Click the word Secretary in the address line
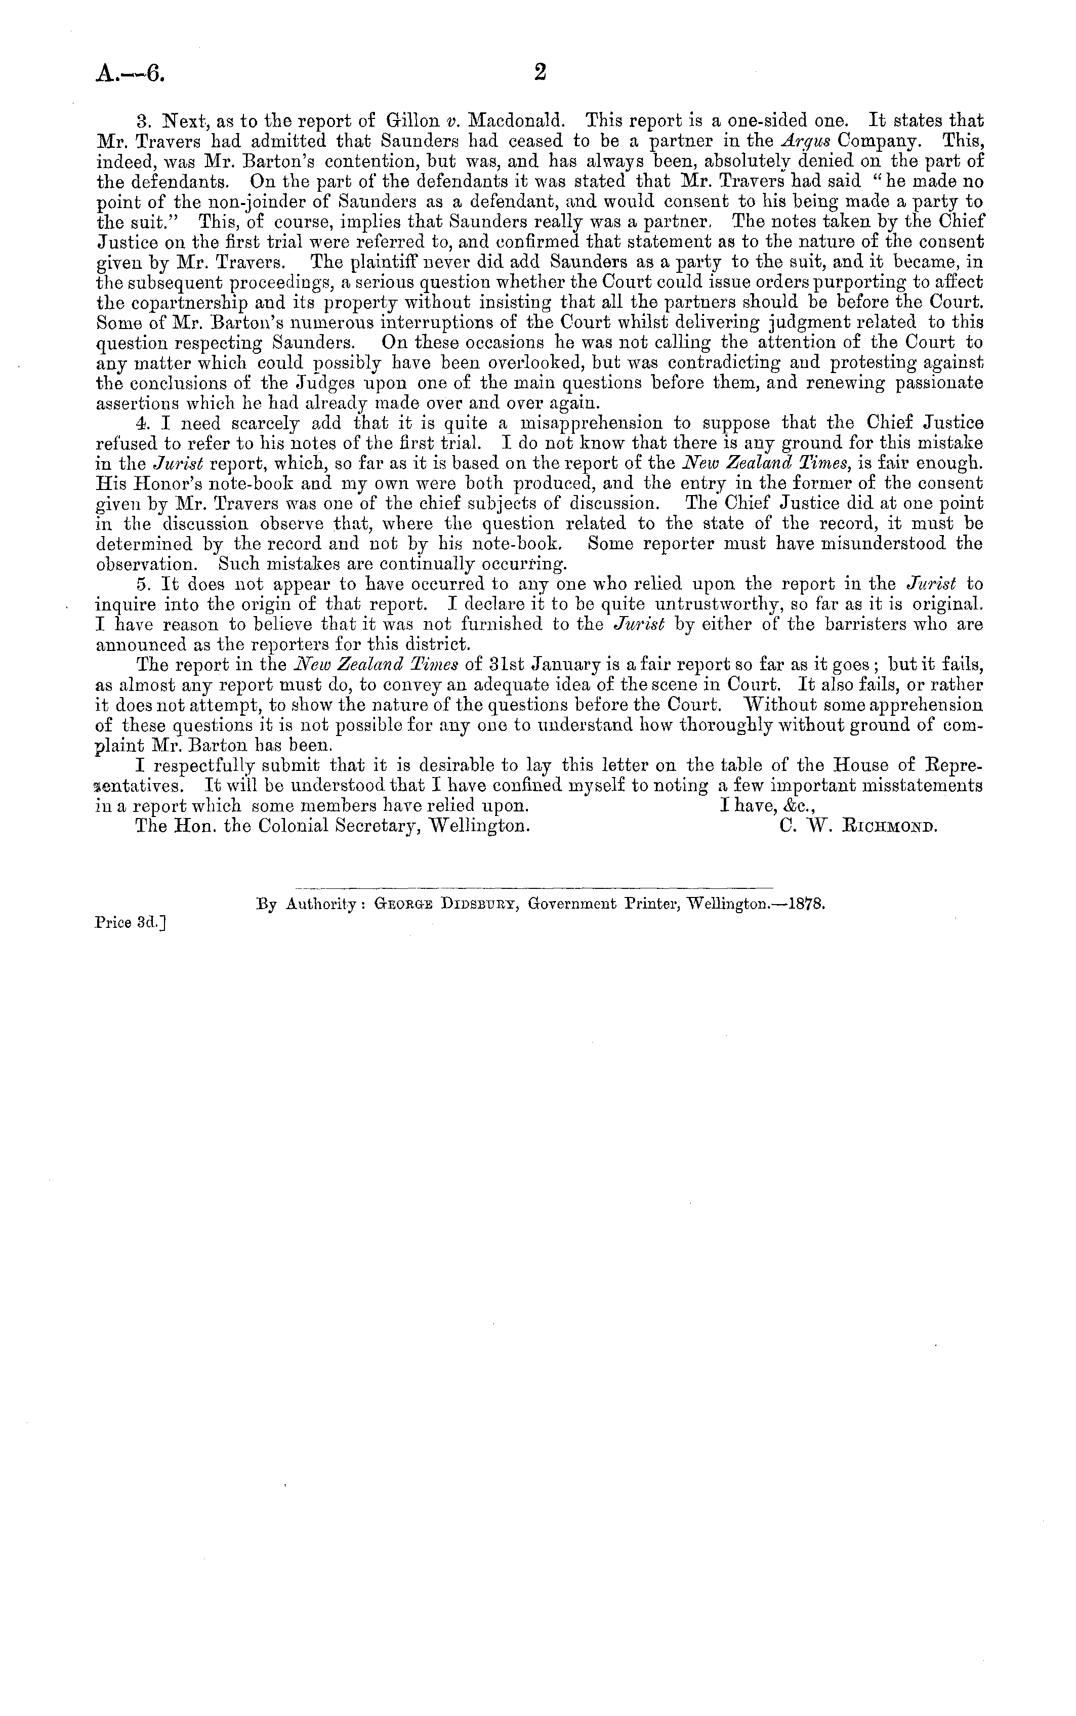[369, 827]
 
